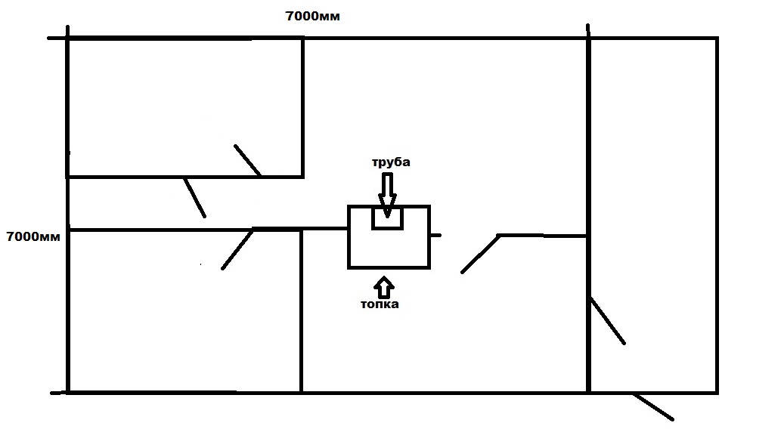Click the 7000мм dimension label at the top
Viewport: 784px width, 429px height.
tap(312, 17)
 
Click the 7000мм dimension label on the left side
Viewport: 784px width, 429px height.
tap(33, 236)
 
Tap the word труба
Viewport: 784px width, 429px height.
tap(390, 162)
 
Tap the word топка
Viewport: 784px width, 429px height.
tap(380, 304)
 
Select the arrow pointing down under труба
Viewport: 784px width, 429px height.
tap(387, 193)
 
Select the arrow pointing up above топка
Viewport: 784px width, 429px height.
tap(384, 286)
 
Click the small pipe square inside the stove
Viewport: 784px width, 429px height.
tap(387, 218)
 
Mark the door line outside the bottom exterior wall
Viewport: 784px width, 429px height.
tap(652, 406)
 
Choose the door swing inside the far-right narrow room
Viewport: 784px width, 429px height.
tap(607, 321)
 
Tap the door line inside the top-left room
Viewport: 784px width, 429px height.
tap(247, 160)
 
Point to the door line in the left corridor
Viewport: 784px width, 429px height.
tap(194, 198)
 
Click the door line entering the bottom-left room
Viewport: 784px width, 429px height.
tap(237, 248)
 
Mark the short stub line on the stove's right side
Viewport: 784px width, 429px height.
tap(435, 236)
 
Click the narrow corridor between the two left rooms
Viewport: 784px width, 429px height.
tap(136, 202)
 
